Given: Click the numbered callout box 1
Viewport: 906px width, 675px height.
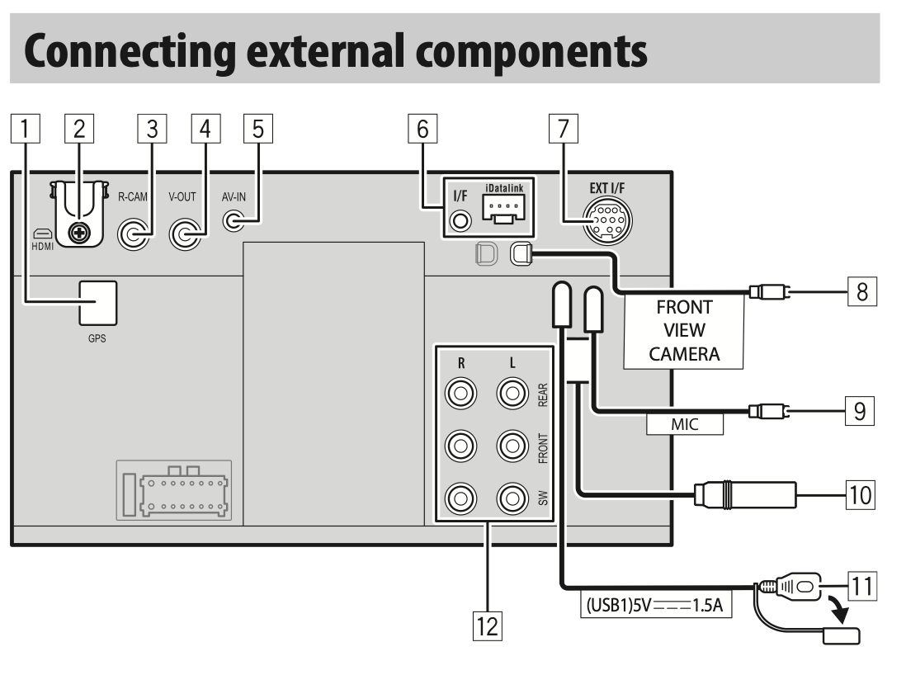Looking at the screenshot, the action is click(x=26, y=128).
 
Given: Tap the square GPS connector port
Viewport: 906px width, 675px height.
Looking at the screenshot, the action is click(x=97, y=304).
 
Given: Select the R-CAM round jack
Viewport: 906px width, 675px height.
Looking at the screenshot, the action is click(x=134, y=234).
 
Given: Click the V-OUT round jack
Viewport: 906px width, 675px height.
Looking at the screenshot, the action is click(x=185, y=234).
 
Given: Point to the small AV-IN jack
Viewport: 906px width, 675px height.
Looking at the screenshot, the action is click(x=234, y=221).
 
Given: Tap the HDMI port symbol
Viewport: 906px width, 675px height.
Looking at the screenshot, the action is click(x=42, y=234).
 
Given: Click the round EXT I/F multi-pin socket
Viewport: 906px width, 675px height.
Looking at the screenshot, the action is click(x=607, y=221).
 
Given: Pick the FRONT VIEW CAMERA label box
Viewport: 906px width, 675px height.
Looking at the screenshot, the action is click(x=683, y=331).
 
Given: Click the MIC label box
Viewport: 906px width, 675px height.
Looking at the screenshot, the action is click(x=685, y=424).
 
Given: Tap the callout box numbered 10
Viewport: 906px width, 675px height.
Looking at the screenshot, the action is click(x=861, y=494).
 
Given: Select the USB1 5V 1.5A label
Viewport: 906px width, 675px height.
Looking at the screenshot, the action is click(x=656, y=605).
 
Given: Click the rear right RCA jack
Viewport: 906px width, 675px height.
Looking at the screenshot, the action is click(x=460, y=394).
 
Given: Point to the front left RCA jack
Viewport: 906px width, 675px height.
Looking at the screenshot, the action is click(x=512, y=446).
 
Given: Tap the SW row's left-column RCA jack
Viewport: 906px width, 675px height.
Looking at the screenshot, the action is click(x=460, y=498).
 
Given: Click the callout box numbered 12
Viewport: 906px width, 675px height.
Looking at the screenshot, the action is click(x=487, y=625).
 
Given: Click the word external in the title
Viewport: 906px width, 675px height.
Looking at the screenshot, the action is click(x=327, y=51).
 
